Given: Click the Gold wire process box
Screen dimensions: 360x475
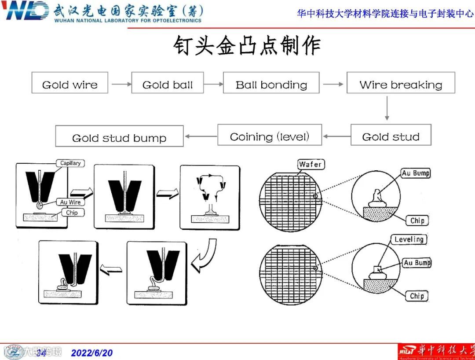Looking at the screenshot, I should pos(69,83).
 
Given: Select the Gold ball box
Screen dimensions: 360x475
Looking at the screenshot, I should pos(168,83).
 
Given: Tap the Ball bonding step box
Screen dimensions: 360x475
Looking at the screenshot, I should pos(271,83).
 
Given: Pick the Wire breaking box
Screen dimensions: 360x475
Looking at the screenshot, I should pos(401,83).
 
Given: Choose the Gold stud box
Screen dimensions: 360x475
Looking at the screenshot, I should pos(391,135).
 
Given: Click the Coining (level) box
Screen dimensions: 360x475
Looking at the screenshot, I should pos(270,135).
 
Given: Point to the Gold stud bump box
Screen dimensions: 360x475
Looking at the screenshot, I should pos(119,136).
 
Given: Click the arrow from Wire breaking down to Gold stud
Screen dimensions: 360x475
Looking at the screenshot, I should pos(387,108).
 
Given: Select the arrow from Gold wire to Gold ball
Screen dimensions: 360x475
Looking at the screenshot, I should pos(121,84).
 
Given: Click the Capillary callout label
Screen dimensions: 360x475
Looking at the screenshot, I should pos(70,163).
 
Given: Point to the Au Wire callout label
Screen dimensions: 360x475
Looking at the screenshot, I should pos(70,202).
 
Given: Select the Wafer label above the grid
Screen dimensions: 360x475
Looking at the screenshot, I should pos(311,164).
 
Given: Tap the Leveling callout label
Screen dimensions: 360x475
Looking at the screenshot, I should pos(409,240).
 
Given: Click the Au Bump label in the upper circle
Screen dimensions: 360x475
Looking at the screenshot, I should pos(415,173).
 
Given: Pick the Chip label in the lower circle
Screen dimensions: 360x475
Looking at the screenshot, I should pos(417,296).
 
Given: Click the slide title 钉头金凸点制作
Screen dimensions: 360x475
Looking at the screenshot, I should pos(247,46).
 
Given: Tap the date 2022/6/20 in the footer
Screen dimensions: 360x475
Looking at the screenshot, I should pos(92,353).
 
